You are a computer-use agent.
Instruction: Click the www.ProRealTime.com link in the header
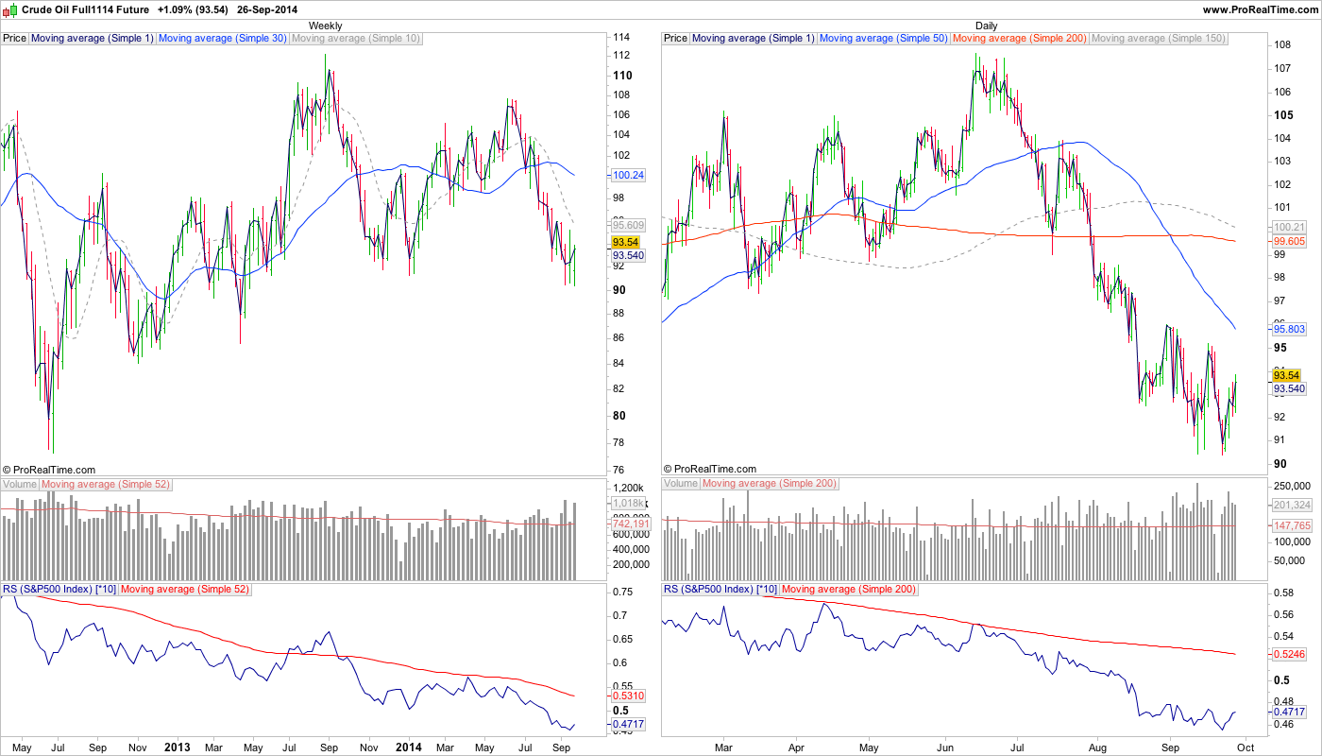tap(1260, 9)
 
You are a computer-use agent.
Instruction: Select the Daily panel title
tap(986, 26)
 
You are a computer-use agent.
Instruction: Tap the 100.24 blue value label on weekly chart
tap(628, 175)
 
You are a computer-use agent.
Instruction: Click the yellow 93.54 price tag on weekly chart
tap(627, 242)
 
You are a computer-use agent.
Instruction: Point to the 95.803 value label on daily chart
tap(1290, 329)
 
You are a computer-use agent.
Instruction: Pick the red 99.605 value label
tap(1289, 241)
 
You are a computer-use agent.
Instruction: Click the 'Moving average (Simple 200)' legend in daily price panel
tap(1020, 39)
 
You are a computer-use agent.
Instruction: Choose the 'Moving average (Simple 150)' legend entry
tap(1158, 39)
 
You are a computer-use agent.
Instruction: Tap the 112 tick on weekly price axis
tap(621, 56)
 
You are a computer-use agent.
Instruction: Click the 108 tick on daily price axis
tap(1281, 45)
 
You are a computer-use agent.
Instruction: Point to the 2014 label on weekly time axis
tap(408, 747)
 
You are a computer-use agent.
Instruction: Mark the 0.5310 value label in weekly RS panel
tap(628, 696)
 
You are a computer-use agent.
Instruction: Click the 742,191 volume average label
tap(628, 524)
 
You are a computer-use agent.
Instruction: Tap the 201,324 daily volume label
tap(1290, 505)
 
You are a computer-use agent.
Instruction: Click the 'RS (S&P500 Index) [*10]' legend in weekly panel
tap(59, 589)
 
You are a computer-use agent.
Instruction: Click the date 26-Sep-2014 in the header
tap(274, 9)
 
